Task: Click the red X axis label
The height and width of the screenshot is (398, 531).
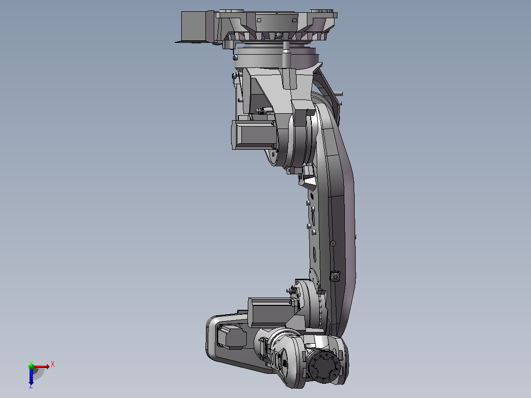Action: [x=53, y=365]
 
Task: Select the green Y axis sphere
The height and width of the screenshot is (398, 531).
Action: [x=31, y=366]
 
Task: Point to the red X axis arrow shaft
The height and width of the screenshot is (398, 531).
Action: [x=40, y=366]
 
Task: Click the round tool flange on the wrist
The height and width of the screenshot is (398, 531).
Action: [x=325, y=367]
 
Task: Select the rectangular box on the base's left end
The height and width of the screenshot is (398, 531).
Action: [x=194, y=27]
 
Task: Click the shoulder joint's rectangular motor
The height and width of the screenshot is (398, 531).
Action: [x=255, y=135]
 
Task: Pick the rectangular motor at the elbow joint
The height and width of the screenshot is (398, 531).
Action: [x=271, y=312]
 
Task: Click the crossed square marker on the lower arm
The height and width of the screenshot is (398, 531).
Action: [x=334, y=276]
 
